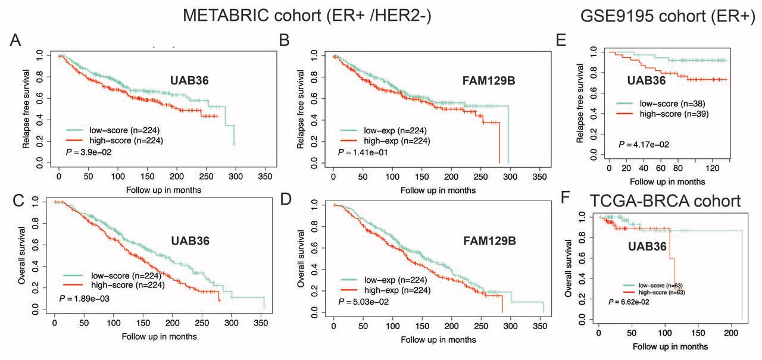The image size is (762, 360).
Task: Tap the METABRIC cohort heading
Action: tap(307, 15)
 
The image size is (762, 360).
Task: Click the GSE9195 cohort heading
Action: tap(667, 15)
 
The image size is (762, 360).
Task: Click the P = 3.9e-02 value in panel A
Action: tap(88, 152)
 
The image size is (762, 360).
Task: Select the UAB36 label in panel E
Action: tap(647, 80)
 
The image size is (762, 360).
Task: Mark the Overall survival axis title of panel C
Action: tap(22, 255)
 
